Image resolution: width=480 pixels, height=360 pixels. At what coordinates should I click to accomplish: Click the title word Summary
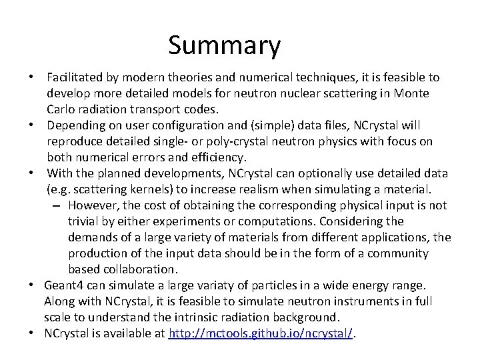coord(224,46)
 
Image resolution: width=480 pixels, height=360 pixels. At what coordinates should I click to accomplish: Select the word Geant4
coord(65,285)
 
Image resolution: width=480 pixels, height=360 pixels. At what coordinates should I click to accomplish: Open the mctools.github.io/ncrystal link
coord(261,333)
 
